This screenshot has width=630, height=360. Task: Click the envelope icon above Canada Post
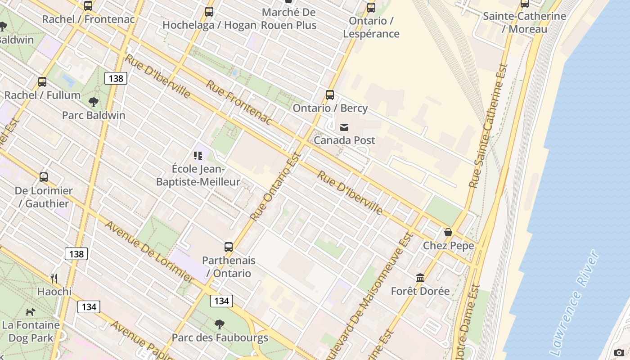[x=344, y=127]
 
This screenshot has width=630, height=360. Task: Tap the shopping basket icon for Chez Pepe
[x=448, y=232]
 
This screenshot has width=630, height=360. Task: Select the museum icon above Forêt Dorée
[x=420, y=278]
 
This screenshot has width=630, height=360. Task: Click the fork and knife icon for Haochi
[x=54, y=278]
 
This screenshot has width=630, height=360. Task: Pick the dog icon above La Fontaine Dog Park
[x=30, y=311]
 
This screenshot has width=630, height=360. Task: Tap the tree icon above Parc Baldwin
[x=94, y=102]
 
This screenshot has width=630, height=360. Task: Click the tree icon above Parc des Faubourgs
[x=220, y=324]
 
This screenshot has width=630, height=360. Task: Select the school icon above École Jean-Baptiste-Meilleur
[x=198, y=156]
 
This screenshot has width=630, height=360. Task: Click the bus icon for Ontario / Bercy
[x=330, y=95]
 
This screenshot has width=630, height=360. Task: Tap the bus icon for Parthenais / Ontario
[x=229, y=247]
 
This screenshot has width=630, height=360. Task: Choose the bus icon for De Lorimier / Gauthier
[x=44, y=177]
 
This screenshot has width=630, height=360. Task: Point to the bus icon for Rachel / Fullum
[x=42, y=82]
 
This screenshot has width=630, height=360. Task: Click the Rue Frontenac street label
[x=239, y=103]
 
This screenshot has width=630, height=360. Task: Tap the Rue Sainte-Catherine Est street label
[x=489, y=126]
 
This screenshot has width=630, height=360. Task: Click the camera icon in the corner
[x=619, y=352]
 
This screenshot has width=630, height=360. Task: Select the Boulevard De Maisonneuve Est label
[x=369, y=297]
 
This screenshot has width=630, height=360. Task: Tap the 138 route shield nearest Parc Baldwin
[x=116, y=78]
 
